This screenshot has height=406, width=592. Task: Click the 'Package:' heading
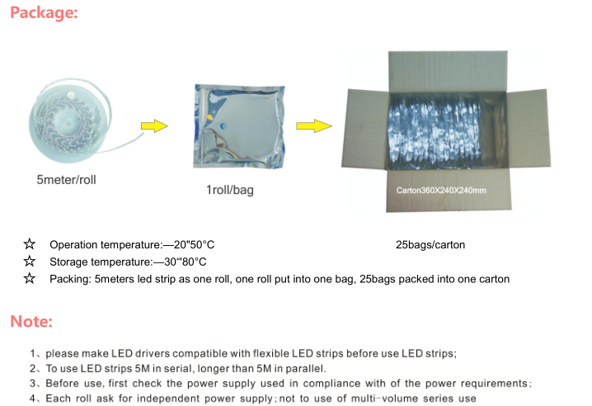pyautogui.click(x=44, y=12)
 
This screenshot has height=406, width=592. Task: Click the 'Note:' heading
pyautogui.click(x=31, y=321)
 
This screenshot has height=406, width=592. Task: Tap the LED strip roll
pyautogui.click(x=70, y=121)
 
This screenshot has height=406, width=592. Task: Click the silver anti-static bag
pyautogui.click(x=239, y=126)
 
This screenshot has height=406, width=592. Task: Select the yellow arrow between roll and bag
pyautogui.click(x=154, y=126)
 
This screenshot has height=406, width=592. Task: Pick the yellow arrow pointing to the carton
pyautogui.click(x=314, y=126)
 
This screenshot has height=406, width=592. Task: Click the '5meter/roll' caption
pyautogui.click(x=67, y=180)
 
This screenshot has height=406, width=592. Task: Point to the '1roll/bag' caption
pyautogui.click(x=230, y=190)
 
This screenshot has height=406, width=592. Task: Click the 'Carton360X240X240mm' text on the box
pyautogui.click(x=441, y=190)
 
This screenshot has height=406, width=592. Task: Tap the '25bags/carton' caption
pyautogui.click(x=430, y=245)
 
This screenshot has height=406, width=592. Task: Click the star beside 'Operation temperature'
pyautogui.click(x=30, y=243)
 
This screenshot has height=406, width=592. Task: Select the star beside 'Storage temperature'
pyautogui.click(x=30, y=261)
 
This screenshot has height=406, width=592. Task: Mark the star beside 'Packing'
pyautogui.click(x=30, y=278)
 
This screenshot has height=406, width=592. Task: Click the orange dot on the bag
pyautogui.click(x=209, y=117)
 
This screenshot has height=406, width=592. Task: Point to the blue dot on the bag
pyautogui.click(x=223, y=126)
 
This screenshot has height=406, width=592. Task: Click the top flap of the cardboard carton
pyautogui.click(x=449, y=72)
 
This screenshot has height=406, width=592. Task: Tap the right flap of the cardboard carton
pyautogui.click(x=528, y=128)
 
